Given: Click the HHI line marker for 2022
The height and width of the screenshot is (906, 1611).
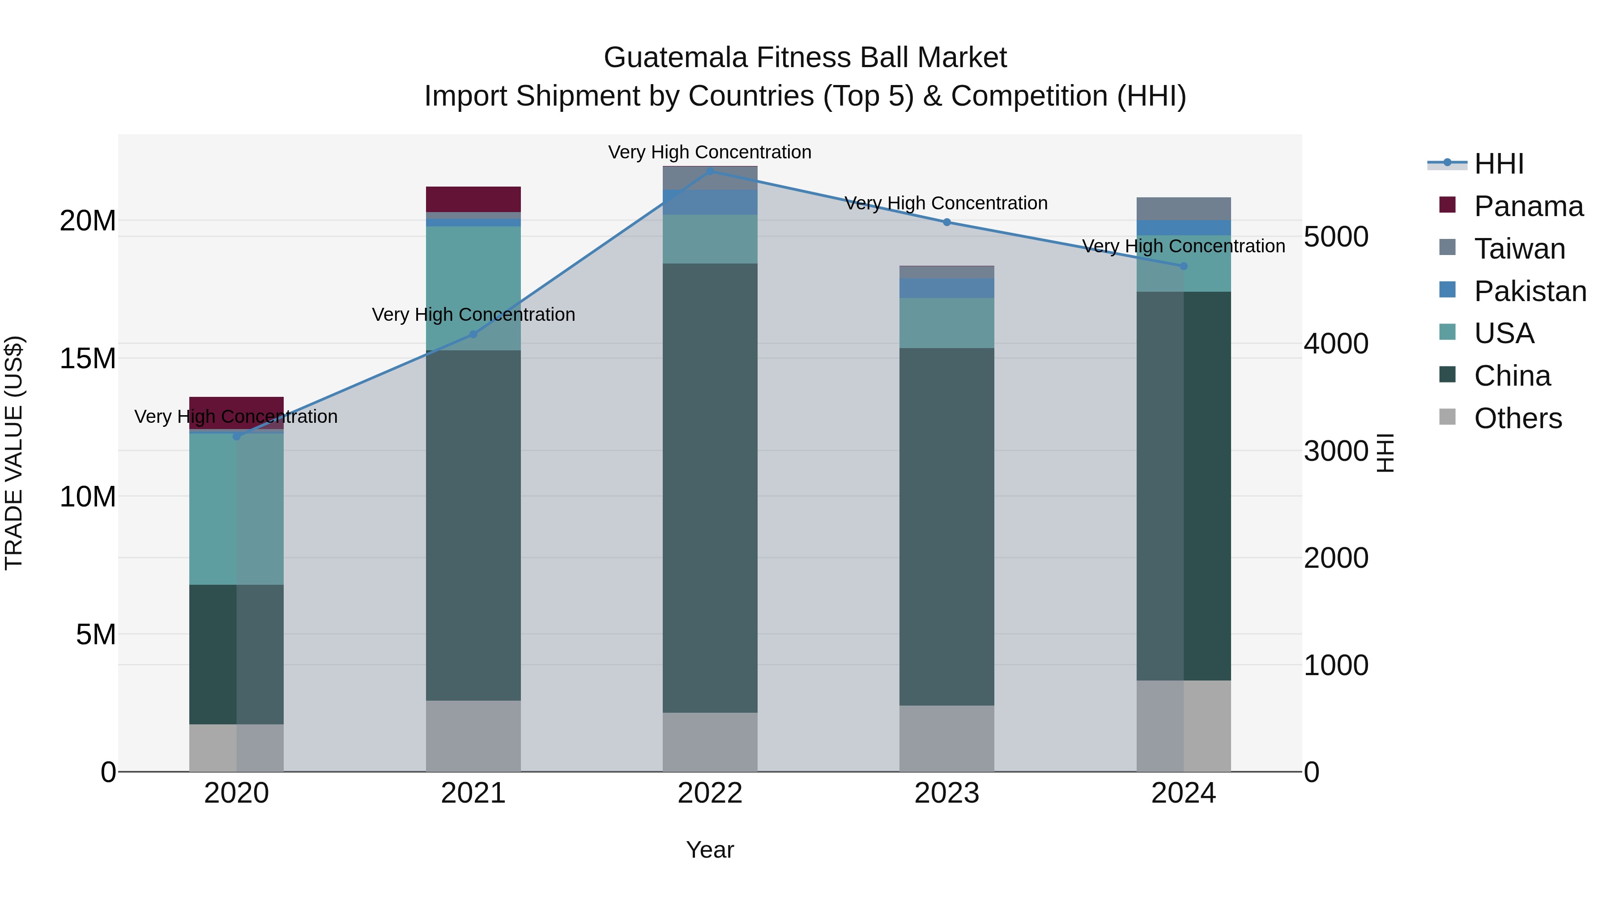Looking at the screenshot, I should [710, 171].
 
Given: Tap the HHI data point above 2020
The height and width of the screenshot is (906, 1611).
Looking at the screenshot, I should [236, 436].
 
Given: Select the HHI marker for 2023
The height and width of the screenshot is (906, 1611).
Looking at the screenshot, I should [947, 222].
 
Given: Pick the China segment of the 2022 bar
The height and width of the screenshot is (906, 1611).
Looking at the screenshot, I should [710, 488].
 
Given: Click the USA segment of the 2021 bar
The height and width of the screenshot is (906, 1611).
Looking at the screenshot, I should [473, 288].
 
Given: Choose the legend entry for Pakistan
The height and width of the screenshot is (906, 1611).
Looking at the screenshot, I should [1529, 291].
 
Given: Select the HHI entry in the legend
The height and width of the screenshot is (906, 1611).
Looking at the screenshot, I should [1498, 164].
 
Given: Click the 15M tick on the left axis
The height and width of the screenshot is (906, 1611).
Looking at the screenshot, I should [88, 359].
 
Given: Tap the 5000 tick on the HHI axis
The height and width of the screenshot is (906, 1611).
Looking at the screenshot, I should [1336, 237].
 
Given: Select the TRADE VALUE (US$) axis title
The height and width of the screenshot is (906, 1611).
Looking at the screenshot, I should [14, 453].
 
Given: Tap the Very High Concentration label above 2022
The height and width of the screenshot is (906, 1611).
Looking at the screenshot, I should [710, 152].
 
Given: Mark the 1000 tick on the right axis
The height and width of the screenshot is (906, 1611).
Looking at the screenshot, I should [1336, 665].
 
